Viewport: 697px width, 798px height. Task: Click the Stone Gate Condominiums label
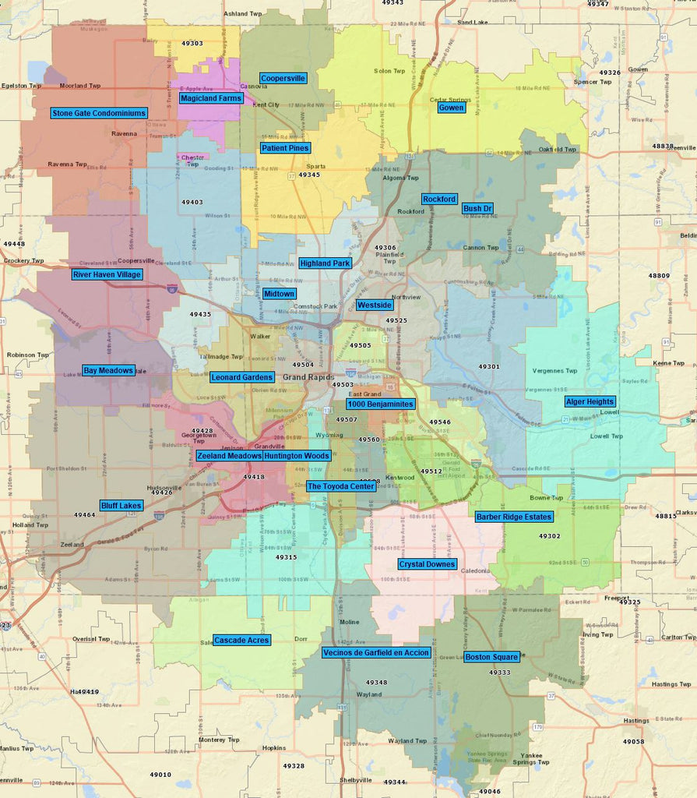[x=99, y=113]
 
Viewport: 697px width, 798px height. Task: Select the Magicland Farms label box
[x=211, y=98]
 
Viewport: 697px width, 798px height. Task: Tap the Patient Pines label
[x=285, y=148]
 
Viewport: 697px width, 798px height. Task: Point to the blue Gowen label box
[x=452, y=108]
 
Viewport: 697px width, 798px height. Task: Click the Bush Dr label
[x=477, y=209]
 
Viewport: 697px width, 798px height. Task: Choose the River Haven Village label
[x=107, y=275]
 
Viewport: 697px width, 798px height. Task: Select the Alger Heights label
[x=590, y=401]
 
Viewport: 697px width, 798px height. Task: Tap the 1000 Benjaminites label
[x=381, y=404]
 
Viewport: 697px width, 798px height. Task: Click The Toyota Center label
[x=341, y=486]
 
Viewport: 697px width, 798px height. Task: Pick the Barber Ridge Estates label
[x=514, y=517]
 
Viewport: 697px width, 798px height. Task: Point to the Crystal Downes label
[x=427, y=564]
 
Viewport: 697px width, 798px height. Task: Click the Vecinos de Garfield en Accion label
[x=375, y=652]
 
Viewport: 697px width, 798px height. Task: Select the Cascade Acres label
[x=241, y=640]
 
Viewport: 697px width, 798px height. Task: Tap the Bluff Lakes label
[x=121, y=506]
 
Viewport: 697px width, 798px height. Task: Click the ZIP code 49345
[x=309, y=175]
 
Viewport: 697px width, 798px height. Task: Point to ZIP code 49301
[x=489, y=366]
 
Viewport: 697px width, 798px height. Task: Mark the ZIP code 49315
[x=286, y=557]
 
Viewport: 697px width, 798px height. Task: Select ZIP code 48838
[x=663, y=146]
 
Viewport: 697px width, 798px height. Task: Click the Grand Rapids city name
[x=305, y=377]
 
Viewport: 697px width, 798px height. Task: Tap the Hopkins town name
[x=273, y=748]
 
